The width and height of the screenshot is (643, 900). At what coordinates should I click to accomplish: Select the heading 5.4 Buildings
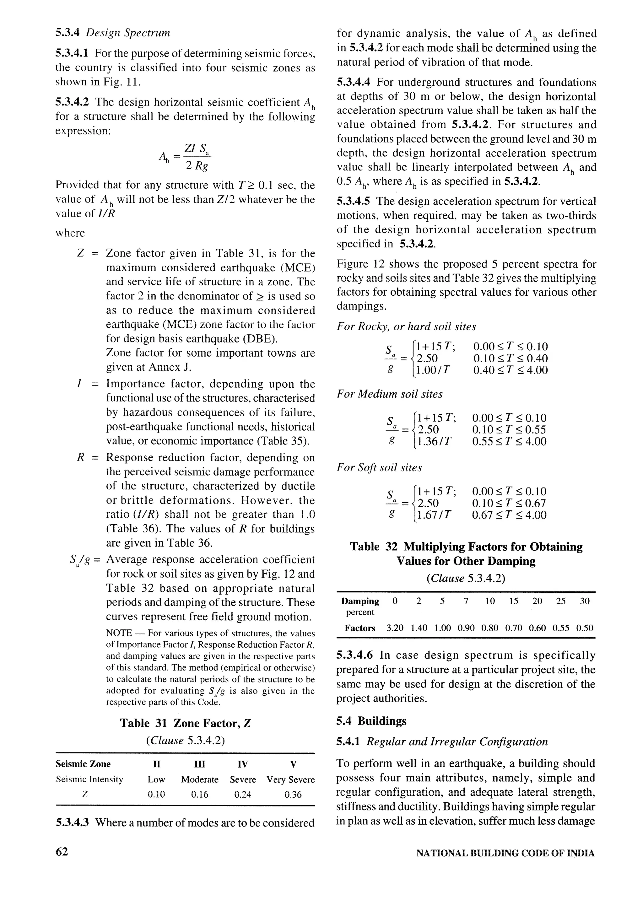coord(371,721)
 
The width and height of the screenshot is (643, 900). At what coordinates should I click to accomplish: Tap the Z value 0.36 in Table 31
coord(293,794)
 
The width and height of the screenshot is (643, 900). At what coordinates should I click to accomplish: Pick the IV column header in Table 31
coord(243,763)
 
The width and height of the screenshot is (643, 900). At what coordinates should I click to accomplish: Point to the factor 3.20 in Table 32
coord(395,628)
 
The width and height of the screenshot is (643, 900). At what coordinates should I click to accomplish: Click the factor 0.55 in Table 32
coord(561,628)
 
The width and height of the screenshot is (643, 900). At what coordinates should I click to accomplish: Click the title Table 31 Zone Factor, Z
coord(185,723)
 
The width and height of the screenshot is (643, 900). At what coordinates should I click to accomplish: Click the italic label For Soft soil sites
coord(379,467)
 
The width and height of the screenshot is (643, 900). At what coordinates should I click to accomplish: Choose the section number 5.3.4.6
coord(354,655)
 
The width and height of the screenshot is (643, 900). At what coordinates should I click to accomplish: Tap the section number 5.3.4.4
coord(354,82)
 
